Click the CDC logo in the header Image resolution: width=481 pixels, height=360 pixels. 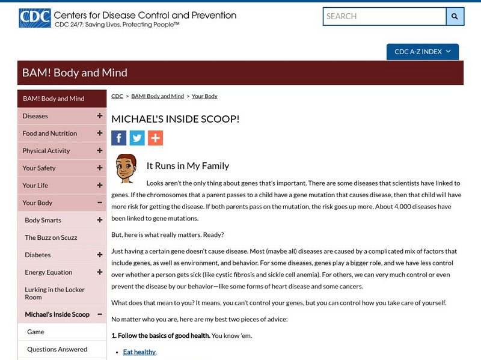34,18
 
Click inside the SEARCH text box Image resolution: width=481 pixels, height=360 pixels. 384,16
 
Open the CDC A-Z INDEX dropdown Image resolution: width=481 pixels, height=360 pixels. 422,52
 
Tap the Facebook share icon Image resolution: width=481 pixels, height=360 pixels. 119,138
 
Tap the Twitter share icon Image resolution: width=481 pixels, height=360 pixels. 137,138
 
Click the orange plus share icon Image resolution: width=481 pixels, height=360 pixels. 155,138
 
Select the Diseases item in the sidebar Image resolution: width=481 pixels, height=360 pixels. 35,116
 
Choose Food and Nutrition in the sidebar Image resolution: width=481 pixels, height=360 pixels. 50,133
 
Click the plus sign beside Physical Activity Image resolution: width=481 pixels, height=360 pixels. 100,151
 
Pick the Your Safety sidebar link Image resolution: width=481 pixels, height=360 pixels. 39,168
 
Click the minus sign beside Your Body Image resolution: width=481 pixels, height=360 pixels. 100,203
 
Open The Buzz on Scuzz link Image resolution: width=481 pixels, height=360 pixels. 51,237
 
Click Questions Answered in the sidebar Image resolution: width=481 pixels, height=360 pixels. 57,349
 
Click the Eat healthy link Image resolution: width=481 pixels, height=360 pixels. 139,352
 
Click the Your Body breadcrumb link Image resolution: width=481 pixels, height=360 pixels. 204,96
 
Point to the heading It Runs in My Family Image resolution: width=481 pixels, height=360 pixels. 188,166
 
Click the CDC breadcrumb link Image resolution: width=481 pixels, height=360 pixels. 117,96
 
